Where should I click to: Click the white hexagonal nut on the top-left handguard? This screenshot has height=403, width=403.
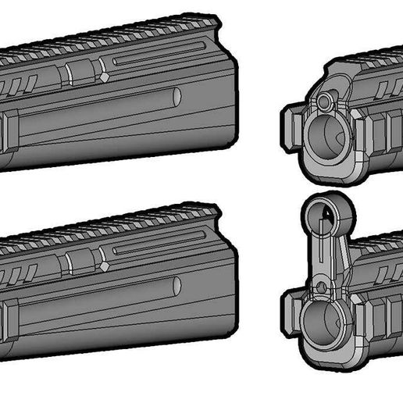click(x=104, y=77)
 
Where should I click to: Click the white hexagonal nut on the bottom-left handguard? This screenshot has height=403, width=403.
click(x=104, y=266)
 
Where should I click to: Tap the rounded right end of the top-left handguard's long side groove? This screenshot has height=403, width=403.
click(x=177, y=97)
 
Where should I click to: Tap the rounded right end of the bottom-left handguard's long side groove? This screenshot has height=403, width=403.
click(x=177, y=287)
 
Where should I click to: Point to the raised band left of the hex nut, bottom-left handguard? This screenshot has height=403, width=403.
click(x=68, y=263)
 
